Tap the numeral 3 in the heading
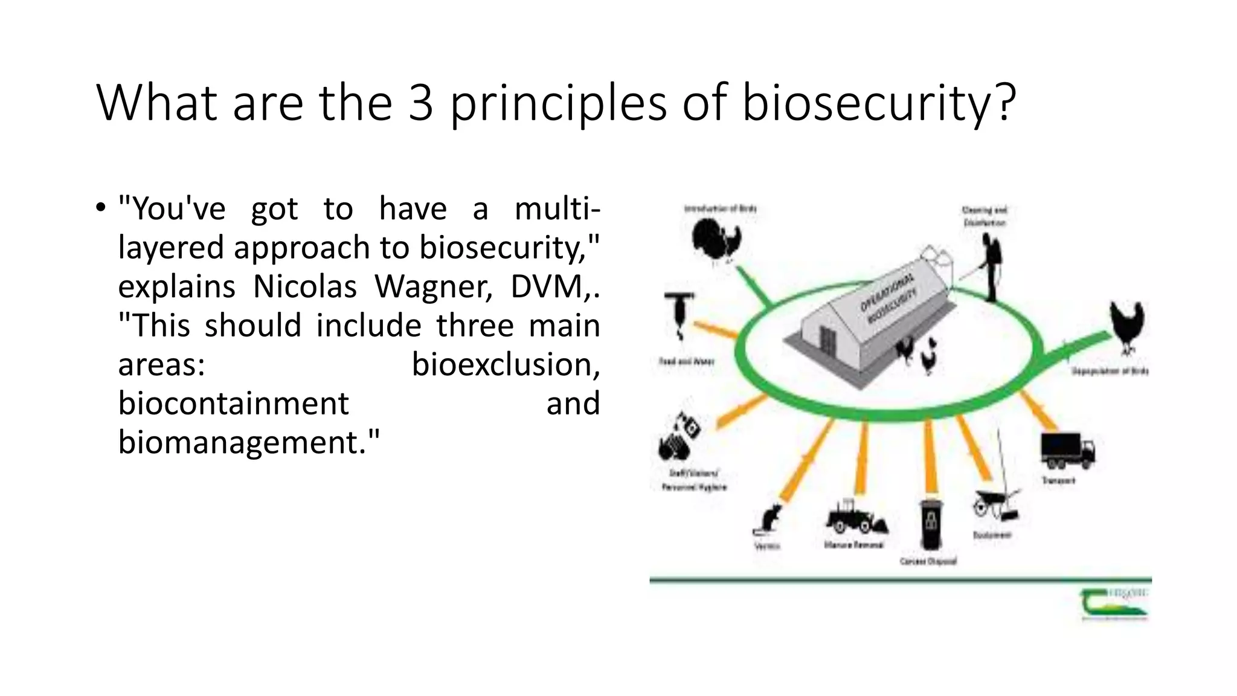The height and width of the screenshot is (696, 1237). tap(421, 103)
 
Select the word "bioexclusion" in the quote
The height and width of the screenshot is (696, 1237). tap(505, 364)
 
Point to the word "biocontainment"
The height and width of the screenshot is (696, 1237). tap(233, 403)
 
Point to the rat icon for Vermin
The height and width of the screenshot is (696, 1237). tap(768, 519)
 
